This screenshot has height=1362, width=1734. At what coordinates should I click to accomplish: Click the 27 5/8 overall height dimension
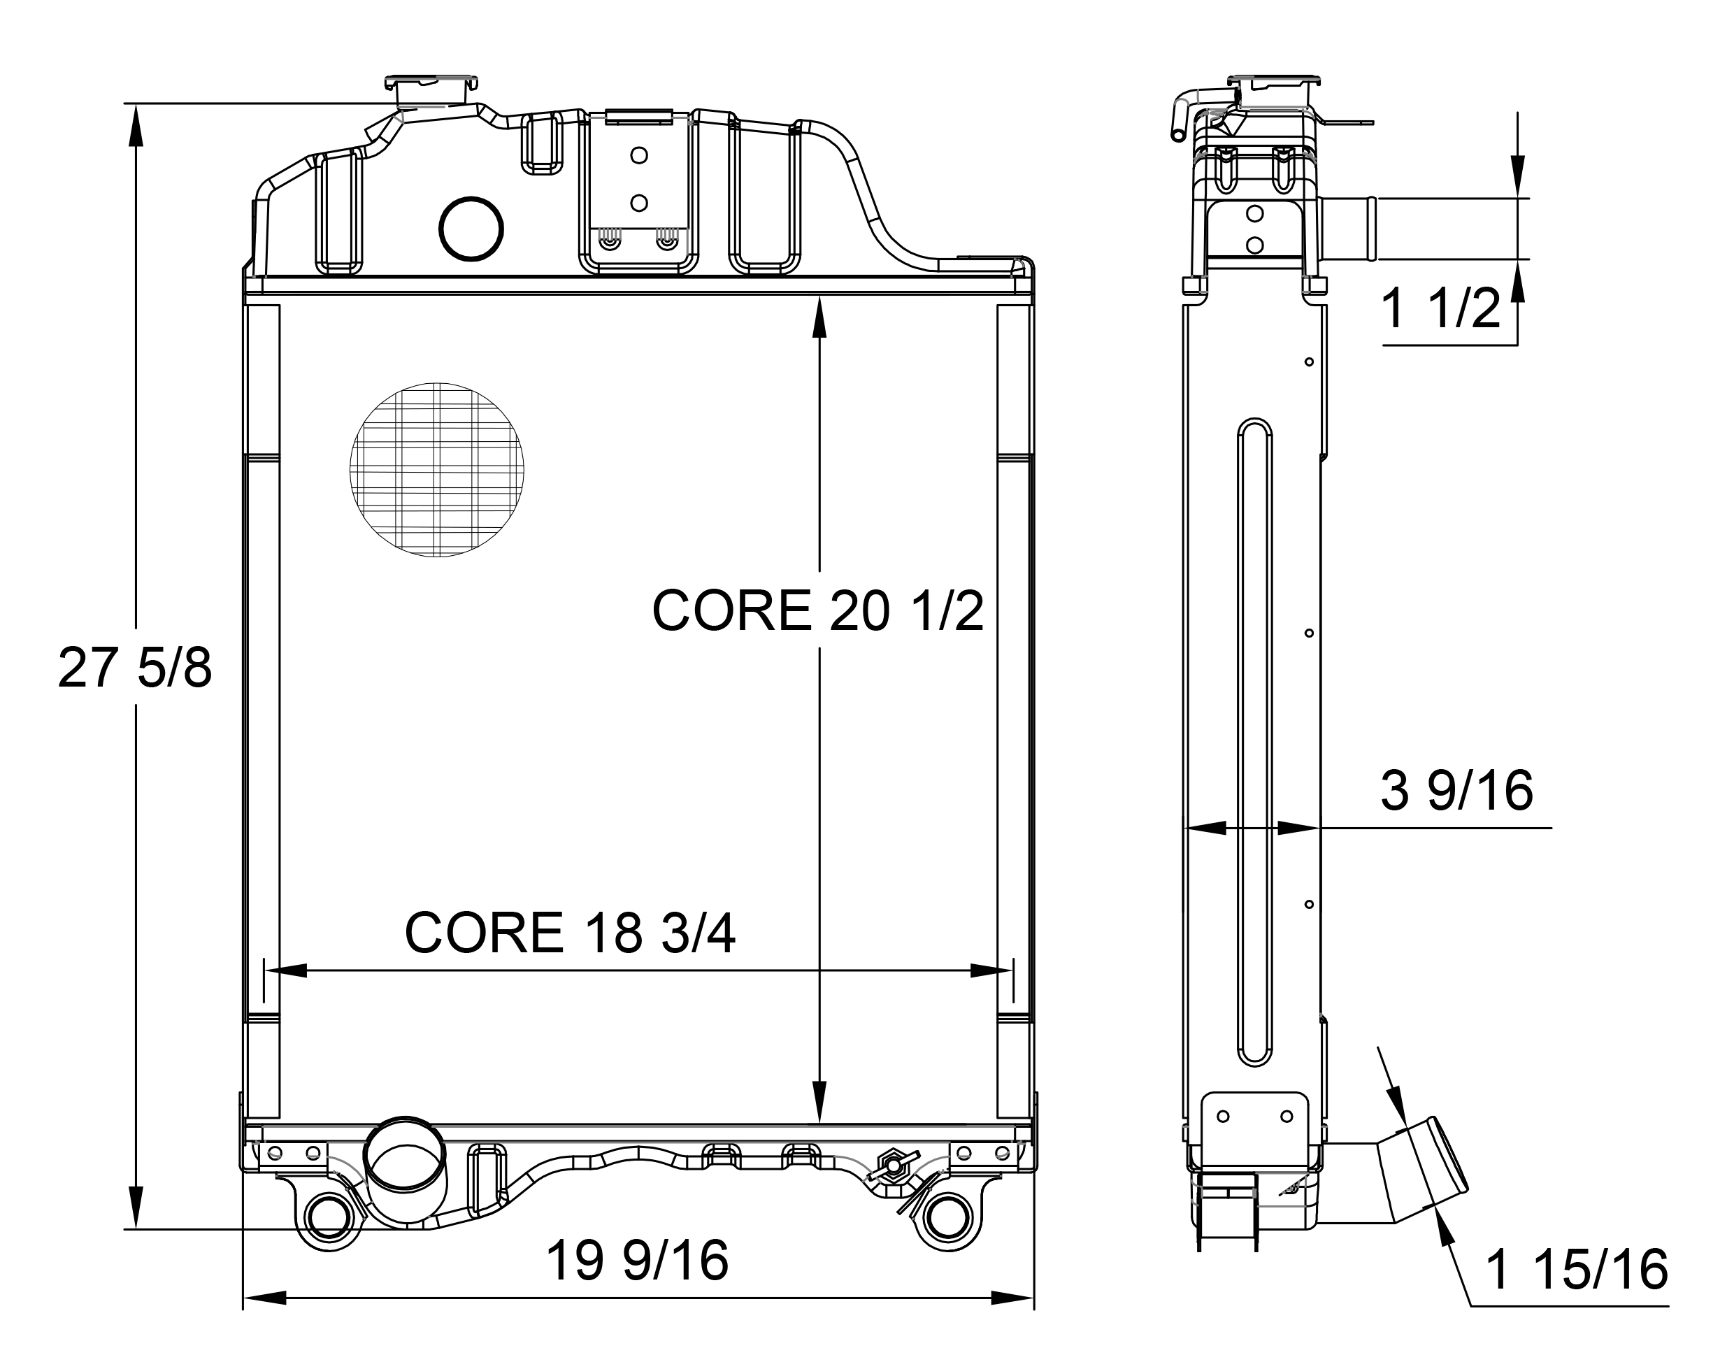(x=135, y=668)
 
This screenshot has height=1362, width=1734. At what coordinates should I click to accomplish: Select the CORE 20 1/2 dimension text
(x=817, y=612)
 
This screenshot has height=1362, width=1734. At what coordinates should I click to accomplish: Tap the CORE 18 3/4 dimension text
(x=569, y=933)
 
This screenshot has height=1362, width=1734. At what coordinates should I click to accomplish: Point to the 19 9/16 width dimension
(x=636, y=1261)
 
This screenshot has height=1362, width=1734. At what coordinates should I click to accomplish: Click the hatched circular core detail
(x=437, y=470)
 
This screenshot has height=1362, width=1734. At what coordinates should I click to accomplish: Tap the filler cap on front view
(x=431, y=91)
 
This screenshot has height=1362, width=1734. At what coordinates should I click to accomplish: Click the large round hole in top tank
(x=471, y=229)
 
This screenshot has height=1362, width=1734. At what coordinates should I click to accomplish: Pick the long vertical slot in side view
(x=1254, y=742)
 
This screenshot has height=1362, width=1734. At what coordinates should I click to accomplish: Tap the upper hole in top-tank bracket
(x=638, y=155)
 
